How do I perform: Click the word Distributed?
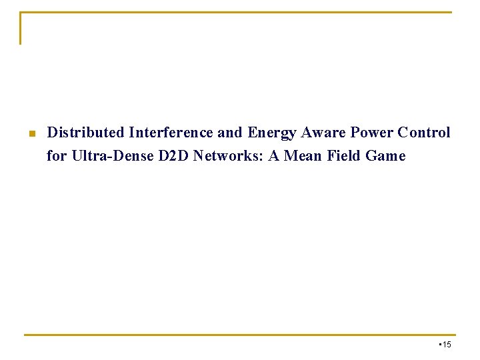coord(86,133)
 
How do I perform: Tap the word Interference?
coord(171,133)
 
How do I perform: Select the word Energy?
coord(272,133)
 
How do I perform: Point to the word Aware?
coord(322,133)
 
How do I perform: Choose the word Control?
coord(424,133)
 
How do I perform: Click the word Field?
coord(344,156)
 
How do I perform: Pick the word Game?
coord(385,156)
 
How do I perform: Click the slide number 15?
coord(447,344)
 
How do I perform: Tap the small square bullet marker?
coord(31,133)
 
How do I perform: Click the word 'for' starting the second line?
coord(56,156)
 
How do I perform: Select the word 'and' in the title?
coord(230,133)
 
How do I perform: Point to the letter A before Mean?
coord(274,156)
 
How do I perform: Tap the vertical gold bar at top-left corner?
coord(21,28)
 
